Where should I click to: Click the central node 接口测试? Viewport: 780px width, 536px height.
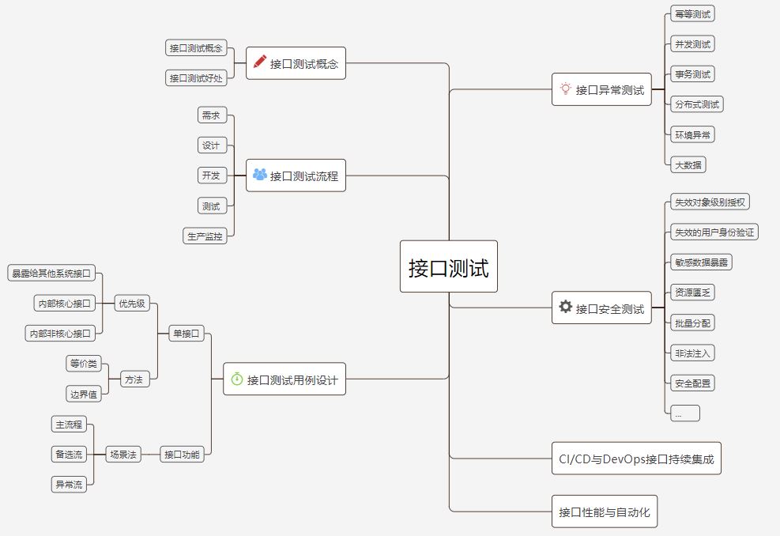(448, 267)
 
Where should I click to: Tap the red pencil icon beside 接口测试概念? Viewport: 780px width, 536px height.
(259, 63)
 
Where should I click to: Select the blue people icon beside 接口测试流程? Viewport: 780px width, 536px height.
(259, 175)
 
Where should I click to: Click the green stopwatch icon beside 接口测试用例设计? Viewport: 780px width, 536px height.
(236, 379)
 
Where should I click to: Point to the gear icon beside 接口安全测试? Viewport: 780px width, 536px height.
(565, 307)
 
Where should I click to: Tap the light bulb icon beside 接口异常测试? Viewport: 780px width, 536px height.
(565, 89)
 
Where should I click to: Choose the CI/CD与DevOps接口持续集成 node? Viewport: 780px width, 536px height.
(636, 459)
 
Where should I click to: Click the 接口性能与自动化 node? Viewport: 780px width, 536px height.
(604, 511)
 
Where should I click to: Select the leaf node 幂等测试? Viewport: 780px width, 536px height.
(691, 14)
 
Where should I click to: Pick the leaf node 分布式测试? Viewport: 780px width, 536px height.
(696, 104)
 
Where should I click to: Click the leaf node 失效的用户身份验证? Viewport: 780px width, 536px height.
(713, 232)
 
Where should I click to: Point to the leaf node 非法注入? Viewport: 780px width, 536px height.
(691, 353)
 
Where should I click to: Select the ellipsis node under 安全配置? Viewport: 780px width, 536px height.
(684, 413)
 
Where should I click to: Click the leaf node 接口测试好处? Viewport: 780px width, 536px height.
(195, 77)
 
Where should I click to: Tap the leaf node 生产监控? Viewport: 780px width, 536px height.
(205, 236)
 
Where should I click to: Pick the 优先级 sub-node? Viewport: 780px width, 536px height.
(131, 303)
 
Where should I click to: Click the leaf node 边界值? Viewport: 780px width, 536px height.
(85, 394)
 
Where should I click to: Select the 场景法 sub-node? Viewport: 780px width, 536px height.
(122, 454)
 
